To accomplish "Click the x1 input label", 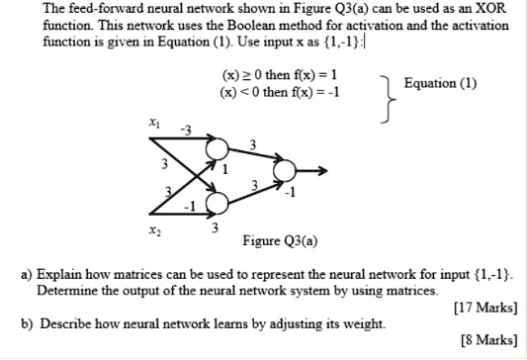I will tap(154, 123).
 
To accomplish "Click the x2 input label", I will tap(154, 228).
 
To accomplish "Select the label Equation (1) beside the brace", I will tap(440, 83).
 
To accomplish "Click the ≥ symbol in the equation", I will tap(242, 76).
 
